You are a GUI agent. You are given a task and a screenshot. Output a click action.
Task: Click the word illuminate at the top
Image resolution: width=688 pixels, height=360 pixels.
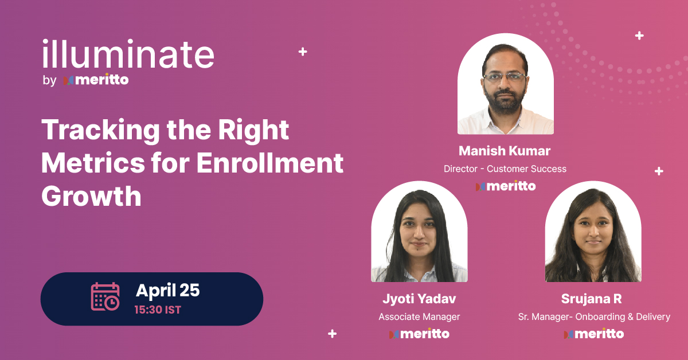coord(128,55)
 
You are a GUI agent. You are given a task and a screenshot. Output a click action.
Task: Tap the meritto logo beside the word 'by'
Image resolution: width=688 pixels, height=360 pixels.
coord(96,80)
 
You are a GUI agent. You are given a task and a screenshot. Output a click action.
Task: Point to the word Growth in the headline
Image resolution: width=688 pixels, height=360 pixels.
coord(91,196)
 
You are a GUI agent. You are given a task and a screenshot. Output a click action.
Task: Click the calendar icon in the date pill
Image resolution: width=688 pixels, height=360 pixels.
coord(105,297)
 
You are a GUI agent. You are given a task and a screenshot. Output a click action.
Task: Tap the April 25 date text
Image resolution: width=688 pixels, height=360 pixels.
coord(167,291)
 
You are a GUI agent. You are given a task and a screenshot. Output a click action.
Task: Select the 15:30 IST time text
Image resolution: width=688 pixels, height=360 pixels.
coord(158,310)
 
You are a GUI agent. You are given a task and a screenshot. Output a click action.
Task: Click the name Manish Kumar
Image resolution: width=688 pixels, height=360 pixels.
coord(505,151)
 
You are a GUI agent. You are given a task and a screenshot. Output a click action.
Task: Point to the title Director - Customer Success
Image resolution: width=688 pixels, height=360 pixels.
coord(505,169)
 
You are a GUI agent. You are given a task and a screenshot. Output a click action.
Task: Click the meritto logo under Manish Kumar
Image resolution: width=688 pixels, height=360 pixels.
coord(505,186)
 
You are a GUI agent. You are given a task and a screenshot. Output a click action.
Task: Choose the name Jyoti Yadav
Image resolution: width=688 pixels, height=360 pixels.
coord(419,299)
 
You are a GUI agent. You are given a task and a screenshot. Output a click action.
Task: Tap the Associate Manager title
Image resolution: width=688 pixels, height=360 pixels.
coord(419,316)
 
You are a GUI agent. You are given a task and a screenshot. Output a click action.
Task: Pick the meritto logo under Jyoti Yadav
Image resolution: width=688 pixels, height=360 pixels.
coord(419,334)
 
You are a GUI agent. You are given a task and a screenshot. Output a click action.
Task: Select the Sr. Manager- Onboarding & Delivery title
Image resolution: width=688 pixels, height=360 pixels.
coord(593,316)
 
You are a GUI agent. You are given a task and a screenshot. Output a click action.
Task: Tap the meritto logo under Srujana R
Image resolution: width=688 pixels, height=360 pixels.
coord(593,334)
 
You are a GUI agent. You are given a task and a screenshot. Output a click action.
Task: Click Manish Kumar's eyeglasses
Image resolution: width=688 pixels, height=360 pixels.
coord(505,76)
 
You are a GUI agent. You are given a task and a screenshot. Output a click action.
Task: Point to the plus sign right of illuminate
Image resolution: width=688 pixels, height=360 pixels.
coord(303,52)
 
